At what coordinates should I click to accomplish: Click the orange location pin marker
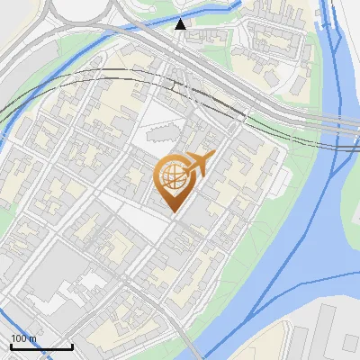pos(177,180)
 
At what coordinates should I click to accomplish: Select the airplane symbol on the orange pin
pos(199,166)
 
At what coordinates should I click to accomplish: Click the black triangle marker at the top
pos(181,24)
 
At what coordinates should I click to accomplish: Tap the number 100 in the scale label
pos(20,337)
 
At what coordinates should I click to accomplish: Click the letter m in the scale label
pos(32,337)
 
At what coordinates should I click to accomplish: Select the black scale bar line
pos(41,346)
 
